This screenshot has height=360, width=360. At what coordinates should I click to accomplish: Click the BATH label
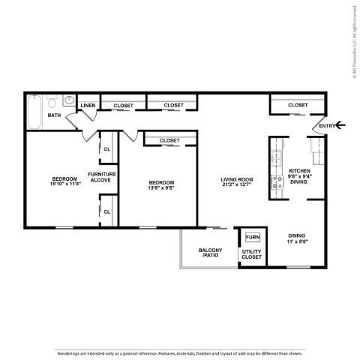pyautogui.click(x=54, y=115)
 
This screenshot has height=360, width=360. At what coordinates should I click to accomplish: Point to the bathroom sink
pyautogui.click(x=68, y=100)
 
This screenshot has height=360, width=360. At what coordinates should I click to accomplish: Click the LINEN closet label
pyautogui.click(x=88, y=106)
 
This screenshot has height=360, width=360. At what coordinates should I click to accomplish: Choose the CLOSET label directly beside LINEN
pyautogui.click(x=123, y=106)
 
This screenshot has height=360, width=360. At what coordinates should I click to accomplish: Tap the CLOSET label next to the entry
pyautogui.click(x=297, y=105)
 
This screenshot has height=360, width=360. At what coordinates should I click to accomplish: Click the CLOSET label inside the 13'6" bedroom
pyautogui.click(x=169, y=140)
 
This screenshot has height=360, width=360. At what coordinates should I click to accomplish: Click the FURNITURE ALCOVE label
pyautogui.click(x=102, y=177)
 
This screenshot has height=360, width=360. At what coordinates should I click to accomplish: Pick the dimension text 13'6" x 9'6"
pyautogui.click(x=161, y=187)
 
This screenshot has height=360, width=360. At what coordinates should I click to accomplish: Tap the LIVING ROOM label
pyautogui.click(x=237, y=179)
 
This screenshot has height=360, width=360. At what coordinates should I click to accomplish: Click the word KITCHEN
pyautogui.click(x=299, y=171)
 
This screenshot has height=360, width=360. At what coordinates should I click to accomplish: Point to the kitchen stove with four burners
pyautogui.click(x=277, y=160)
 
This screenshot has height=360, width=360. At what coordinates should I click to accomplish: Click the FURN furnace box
pyautogui.click(x=252, y=238)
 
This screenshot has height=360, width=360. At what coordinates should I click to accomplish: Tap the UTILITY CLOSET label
pyautogui.click(x=251, y=253)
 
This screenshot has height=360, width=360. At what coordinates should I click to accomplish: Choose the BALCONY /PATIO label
pyautogui.click(x=210, y=253)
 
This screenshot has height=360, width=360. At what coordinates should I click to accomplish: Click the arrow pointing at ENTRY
pyautogui.click(x=341, y=125)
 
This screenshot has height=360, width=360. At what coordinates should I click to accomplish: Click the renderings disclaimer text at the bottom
pyautogui.click(x=180, y=352)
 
